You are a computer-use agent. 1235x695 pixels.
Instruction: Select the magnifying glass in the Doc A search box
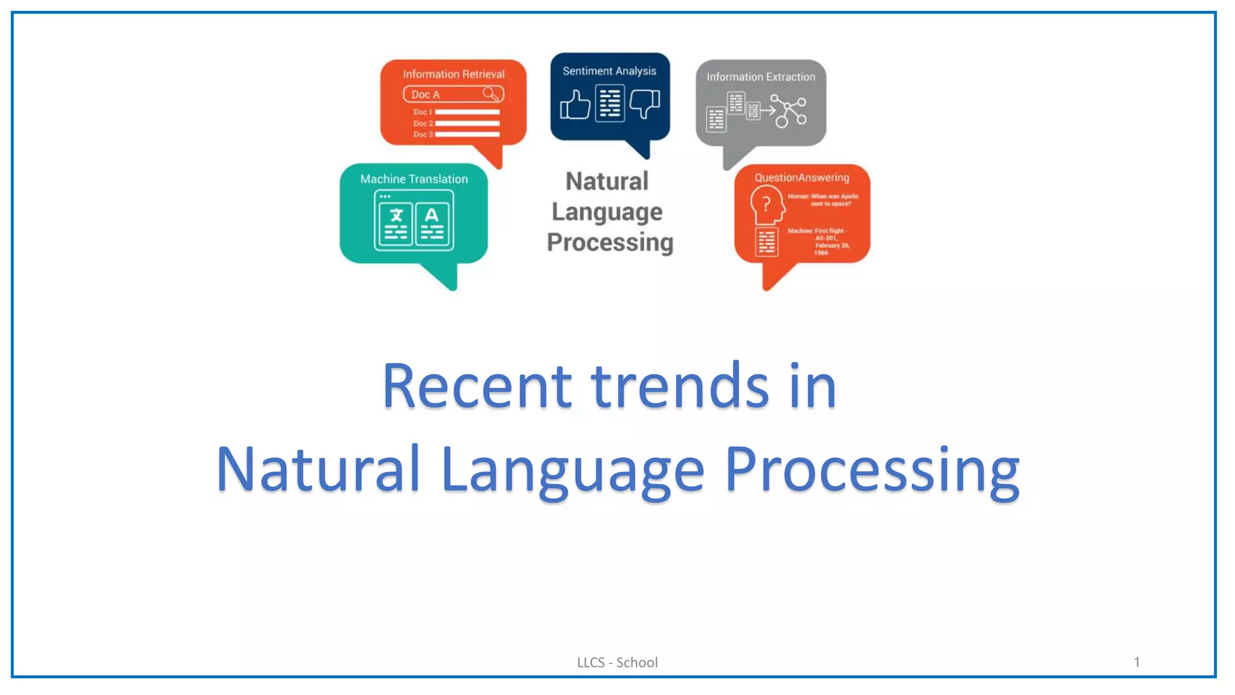point(491,94)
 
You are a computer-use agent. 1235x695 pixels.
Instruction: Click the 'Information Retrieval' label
point(453,74)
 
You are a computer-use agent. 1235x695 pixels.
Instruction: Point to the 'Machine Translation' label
point(414,179)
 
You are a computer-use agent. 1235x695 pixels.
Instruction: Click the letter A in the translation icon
point(431,215)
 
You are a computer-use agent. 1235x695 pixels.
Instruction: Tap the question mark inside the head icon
point(766,204)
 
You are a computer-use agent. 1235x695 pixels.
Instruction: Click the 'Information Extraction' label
point(760,77)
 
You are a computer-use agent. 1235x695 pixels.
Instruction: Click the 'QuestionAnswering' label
point(801,177)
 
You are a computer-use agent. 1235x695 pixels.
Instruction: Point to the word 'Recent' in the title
point(476,386)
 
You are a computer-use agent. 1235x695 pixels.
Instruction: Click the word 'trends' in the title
point(680,386)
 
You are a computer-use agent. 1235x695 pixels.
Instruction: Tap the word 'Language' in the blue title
point(572,469)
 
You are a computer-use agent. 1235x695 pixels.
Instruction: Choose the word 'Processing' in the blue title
point(871,469)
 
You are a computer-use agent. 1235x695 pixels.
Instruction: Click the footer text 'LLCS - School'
point(617,662)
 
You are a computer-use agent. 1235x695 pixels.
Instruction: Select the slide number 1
point(1136,662)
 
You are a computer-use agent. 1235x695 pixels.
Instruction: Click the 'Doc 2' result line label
point(423,123)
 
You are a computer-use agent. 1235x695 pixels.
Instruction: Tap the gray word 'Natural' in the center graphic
point(607,182)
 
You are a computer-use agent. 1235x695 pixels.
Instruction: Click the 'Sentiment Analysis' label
point(609,71)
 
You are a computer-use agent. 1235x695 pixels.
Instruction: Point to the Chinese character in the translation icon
point(396,215)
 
